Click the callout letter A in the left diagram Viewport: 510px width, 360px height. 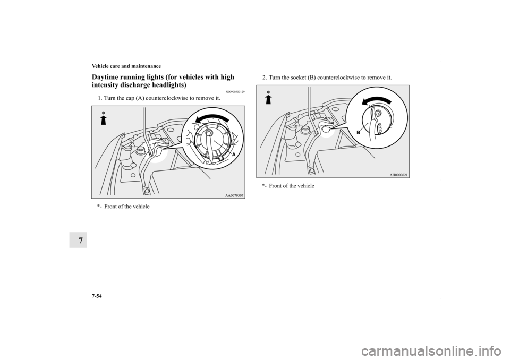234,156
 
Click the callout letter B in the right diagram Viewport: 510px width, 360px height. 359,133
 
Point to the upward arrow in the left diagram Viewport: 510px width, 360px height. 104,120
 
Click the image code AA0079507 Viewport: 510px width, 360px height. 234,195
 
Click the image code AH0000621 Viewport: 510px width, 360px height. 398,175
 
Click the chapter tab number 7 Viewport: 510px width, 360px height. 78,241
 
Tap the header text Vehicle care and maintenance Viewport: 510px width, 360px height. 126,66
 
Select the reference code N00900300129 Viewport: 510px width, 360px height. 234,92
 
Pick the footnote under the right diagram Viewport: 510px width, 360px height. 288,186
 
